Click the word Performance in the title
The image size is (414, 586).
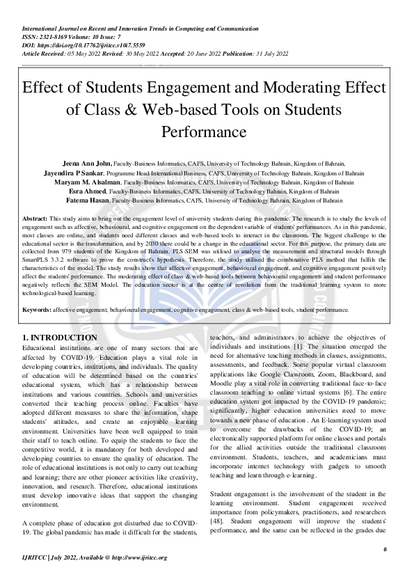207,132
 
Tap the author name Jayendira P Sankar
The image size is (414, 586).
76,171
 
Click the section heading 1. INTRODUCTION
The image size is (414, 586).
60,338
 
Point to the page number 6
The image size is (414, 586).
385,550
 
